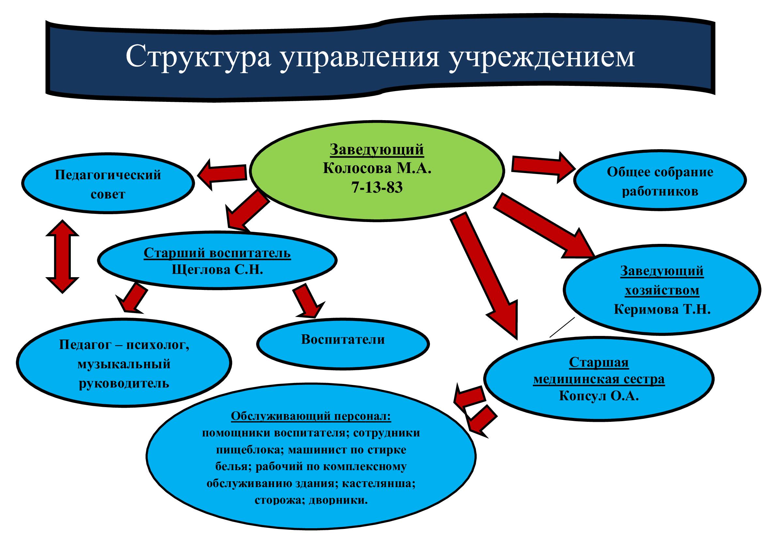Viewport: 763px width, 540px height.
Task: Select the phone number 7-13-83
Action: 377,188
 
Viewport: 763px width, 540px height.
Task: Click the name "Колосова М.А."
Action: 377,168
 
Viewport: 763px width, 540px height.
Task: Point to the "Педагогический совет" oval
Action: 108,183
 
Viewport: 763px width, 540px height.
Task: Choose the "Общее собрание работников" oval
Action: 660,181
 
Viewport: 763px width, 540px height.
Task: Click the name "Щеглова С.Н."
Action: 217,269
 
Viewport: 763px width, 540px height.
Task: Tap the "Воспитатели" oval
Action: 343,344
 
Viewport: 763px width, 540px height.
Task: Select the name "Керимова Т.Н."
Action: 662,310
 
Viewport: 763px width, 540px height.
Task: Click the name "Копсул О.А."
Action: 599,396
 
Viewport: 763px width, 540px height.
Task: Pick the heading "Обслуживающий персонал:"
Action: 311,416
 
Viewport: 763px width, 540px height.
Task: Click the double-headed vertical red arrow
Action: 63,256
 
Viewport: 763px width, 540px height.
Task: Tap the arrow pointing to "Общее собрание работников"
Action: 544,167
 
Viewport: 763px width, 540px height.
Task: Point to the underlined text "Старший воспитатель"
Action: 217,253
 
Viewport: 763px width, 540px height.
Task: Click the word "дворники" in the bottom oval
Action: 338,500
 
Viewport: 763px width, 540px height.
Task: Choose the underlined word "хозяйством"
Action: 662,290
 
